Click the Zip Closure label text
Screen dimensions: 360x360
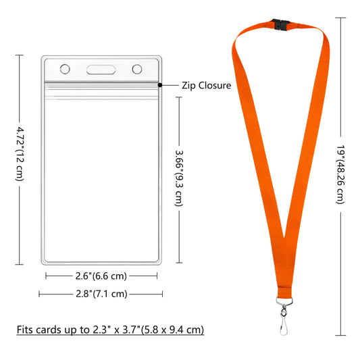(207, 86)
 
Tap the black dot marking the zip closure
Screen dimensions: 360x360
(160, 85)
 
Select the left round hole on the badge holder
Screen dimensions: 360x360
(66, 69)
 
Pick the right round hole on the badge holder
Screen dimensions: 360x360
(137, 69)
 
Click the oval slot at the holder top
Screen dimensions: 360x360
(101, 69)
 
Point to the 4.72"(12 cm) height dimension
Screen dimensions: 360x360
(20, 155)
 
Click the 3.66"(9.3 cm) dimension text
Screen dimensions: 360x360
(179, 178)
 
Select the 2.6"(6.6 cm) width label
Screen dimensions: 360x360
(92, 276)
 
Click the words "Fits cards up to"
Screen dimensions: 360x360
(51, 330)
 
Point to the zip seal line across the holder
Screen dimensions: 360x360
(101, 84)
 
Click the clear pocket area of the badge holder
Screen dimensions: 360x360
(101, 176)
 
